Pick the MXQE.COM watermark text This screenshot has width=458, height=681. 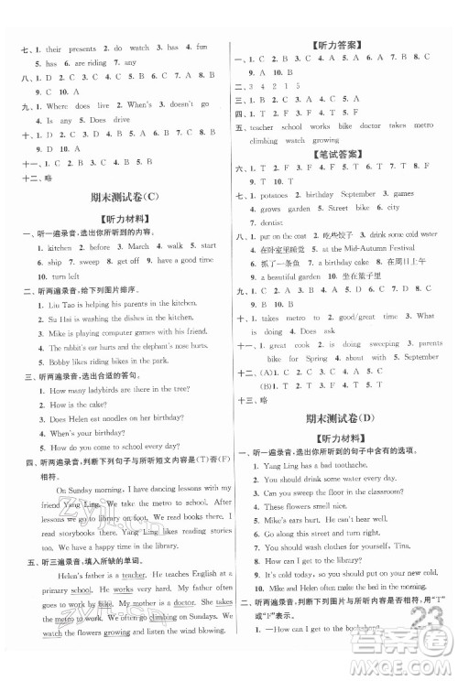click(412, 666)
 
